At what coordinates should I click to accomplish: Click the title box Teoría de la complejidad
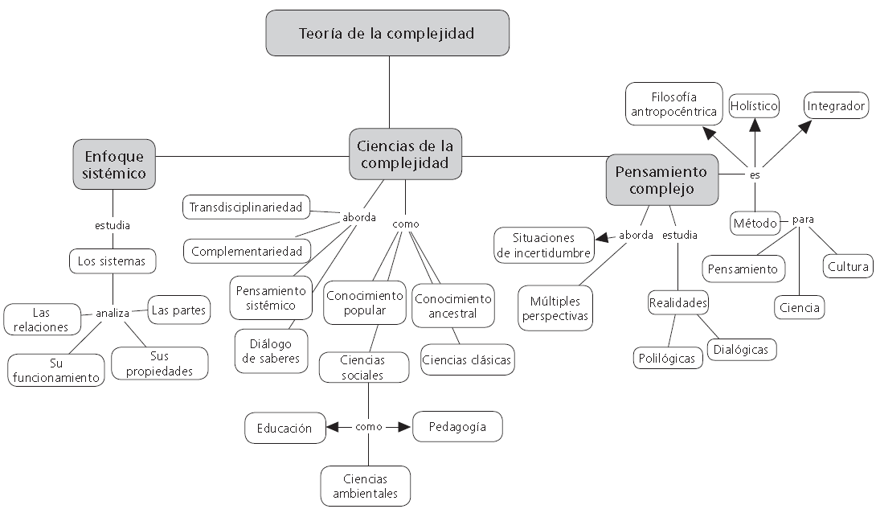(x=387, y=33)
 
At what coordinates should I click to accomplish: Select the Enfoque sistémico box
(x=114, y=164)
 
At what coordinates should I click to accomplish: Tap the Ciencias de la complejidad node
(x=405, y=154)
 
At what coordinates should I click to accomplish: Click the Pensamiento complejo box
(x=662, y=180)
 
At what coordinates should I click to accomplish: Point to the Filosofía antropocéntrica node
(x=673, y=104)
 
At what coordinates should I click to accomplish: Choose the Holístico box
(x=754, y=105)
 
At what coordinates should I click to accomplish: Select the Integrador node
(x=837, y=105)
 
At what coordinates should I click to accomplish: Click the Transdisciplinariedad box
(x=246, y=207)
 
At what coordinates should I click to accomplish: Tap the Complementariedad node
(x=247, y=252)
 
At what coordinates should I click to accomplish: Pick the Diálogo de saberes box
(x=271, y=351)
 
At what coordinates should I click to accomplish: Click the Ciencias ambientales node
(x=366, y=486)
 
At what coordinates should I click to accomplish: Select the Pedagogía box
(x=457, y=427)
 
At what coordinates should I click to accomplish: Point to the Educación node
(x=285, y=428)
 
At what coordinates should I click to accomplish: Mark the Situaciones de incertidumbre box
(x=543, y=245)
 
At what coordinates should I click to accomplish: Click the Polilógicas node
(x=667, y=358)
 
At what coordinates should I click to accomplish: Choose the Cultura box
(x=848, y=266)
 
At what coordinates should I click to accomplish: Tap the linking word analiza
(x=113, y=314)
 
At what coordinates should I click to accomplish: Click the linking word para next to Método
(x=803, y=220)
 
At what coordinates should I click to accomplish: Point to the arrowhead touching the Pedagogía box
(x=406, y=427)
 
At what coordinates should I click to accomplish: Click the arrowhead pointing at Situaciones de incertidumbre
(x=601, y=238)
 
